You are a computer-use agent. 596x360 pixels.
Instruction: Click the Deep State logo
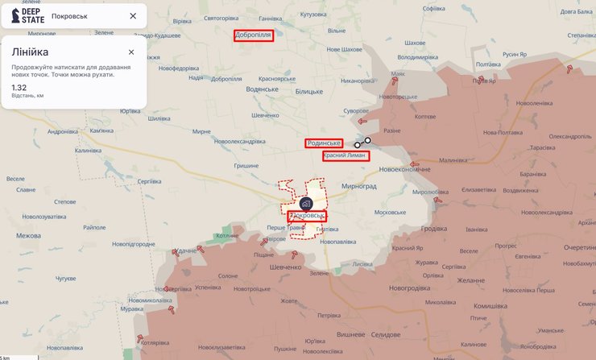27,15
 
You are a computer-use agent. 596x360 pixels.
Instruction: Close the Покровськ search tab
133,16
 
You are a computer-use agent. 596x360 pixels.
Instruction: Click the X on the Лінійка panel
131,52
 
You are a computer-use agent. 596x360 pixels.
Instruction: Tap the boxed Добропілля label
254,35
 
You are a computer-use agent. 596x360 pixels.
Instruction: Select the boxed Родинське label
324,143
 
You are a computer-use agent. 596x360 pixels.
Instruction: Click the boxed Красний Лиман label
346,155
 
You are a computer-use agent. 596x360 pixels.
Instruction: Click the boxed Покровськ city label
308,216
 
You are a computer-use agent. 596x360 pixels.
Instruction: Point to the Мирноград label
359,185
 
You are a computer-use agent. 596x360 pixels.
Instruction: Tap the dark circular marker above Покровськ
306,204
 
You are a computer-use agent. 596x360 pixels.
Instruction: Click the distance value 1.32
19,87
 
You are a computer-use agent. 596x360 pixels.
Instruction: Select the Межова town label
28,236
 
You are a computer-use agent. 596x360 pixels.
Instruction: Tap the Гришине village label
246,166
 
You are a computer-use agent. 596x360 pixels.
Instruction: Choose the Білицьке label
308,92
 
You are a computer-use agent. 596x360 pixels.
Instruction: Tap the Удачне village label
186,251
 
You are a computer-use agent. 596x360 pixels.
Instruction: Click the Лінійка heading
30,52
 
